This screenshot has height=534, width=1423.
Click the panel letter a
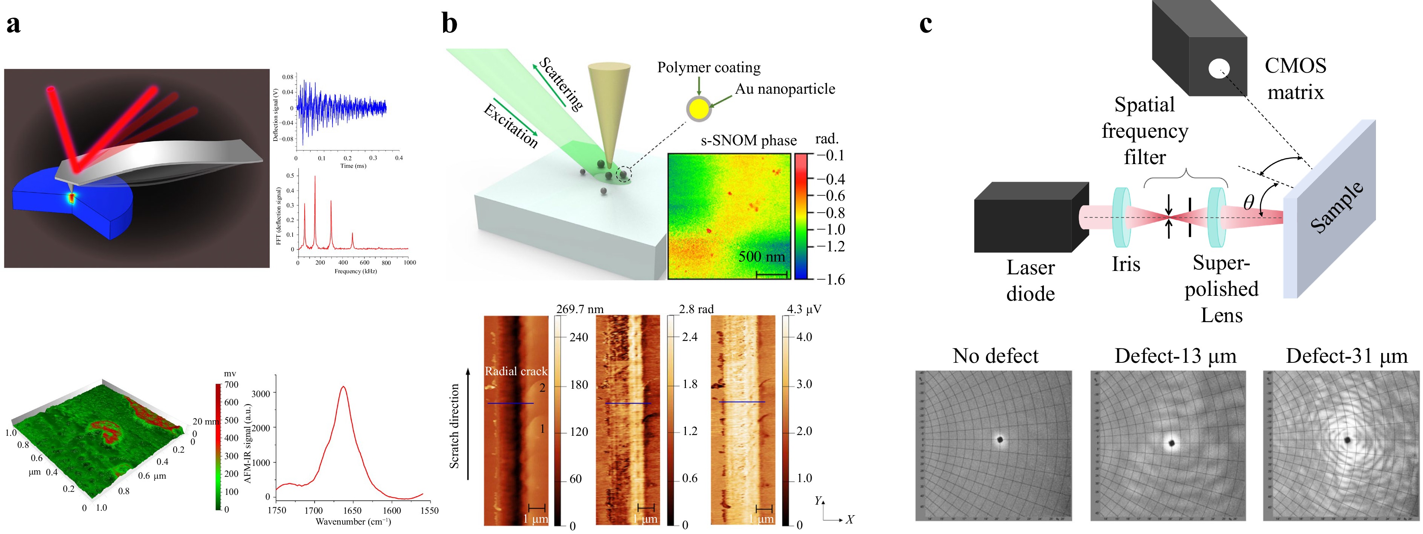tap(13, 24)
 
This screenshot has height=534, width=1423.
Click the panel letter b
tap(449, 24)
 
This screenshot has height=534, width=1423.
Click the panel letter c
tap(926, 24)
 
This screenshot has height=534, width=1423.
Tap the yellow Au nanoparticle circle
tap(699, 109)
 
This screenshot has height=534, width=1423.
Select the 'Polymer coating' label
tap(709, 67)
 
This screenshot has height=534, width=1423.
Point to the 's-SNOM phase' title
tap(748, 140)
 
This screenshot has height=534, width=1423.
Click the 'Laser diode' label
tap(1030, 280)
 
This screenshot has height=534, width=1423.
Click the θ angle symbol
tap(1248, 203)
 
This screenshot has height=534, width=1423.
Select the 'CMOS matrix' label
tap(1295, 78)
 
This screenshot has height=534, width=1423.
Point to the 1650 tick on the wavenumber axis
tap(352, 510)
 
